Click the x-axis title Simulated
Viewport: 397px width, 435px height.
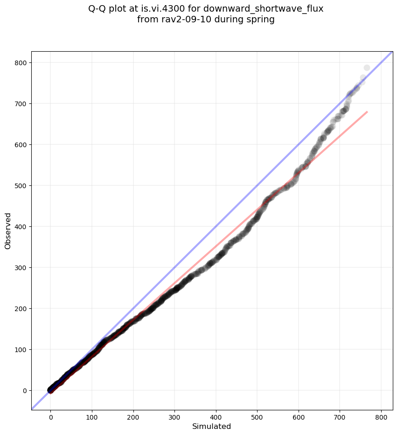212,427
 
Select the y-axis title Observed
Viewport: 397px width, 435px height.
8,231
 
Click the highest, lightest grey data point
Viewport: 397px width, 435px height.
367,68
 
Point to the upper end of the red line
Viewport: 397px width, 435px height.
367,112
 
